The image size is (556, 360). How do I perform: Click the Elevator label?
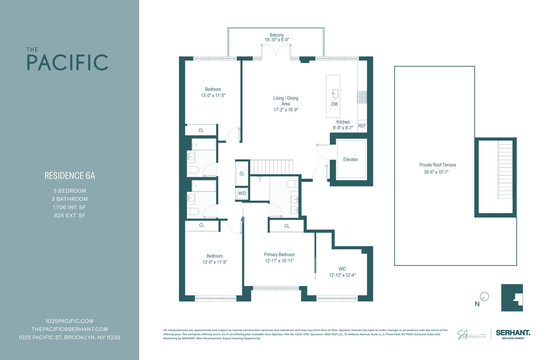coord(350,159)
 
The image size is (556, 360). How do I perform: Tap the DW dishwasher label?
coord(335,104)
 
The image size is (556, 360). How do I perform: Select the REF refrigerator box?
coord(362,126)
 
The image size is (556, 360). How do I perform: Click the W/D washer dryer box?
coord(242,194)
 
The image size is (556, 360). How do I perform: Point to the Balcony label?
coord(277,35)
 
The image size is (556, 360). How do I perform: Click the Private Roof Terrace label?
coord(438,165)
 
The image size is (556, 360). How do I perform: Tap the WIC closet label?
coord(342,269)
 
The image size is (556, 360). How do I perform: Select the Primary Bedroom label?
coord(279,255)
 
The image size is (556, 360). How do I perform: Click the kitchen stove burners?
coord(362,97)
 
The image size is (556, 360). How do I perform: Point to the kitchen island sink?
coord(335,93)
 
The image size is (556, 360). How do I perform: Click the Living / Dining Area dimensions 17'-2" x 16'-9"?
coord(286,110)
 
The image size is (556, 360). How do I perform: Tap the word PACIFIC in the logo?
coord(67,63)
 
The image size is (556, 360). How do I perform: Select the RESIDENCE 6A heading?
coord(70,176)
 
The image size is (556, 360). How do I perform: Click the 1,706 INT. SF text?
coord(70,207)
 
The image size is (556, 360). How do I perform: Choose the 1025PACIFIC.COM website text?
coord(69,321)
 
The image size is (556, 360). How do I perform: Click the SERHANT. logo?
coord(513,333)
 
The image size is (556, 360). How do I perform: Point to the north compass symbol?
coord(484,297)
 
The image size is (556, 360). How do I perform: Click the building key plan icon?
coord(512,298)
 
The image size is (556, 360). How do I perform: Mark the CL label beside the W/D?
coord(242,174)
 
